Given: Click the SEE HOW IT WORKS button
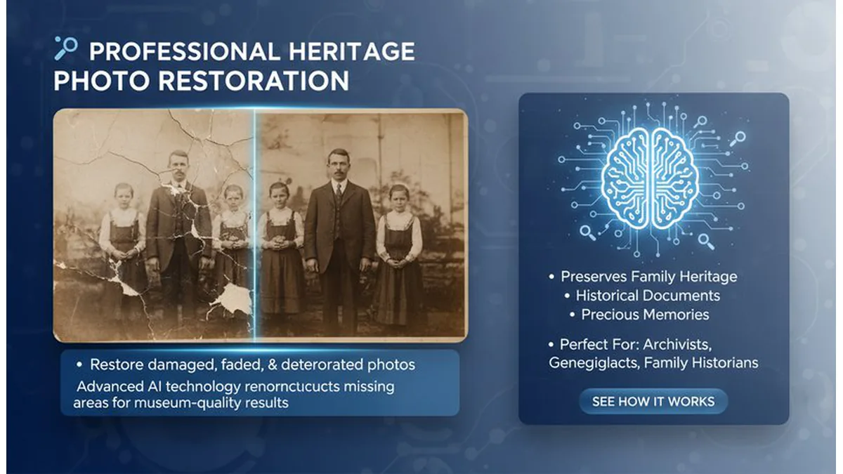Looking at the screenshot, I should (653, 402).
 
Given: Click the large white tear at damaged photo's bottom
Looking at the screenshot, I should (232, 298).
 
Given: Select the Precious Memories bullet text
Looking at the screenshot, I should (645, 315).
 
